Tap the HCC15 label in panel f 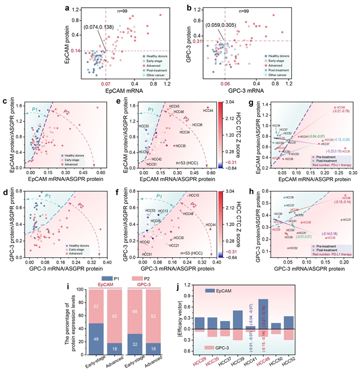click(x=194, y=211)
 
